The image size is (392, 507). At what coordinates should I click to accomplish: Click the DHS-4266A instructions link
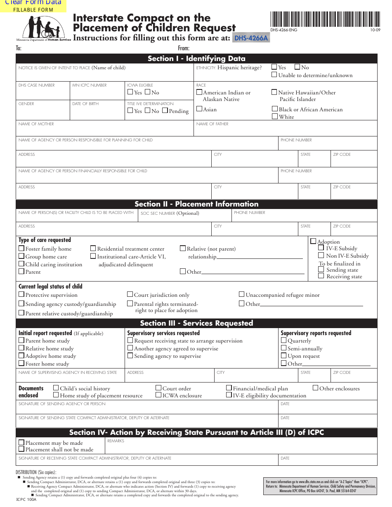(x=251, y=38)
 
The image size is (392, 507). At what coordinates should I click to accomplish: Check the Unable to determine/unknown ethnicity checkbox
(x=274, y=75)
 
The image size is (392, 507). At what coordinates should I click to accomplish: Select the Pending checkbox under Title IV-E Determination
(x=165, y=110)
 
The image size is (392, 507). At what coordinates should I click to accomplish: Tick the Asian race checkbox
(x=199, y=109)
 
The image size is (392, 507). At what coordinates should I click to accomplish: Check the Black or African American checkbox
(x=275, y=109)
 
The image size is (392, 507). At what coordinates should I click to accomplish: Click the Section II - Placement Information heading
(x=196, y=204)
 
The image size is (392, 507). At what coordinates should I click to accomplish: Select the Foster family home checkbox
(x=21, y=249)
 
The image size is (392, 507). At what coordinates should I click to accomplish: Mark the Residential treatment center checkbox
(x=93, y=249)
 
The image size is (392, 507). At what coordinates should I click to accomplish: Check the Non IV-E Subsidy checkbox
(x=321, y=256)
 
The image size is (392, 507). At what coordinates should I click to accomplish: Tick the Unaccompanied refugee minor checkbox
(x=242, y=295)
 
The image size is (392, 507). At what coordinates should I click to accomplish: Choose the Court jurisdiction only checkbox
(x=130, y=295)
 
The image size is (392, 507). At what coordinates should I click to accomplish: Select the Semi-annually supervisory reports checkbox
(x=284, y=348)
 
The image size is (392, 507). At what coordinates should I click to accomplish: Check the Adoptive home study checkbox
(x=21, y=356)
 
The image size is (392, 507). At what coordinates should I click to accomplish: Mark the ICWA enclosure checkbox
(x=158, y=395)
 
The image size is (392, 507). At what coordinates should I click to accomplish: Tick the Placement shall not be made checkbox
(x=21, y=449)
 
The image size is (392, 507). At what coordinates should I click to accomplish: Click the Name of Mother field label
(x=36, y=124)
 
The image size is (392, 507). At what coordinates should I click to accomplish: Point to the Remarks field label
(x=116, y=441)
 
